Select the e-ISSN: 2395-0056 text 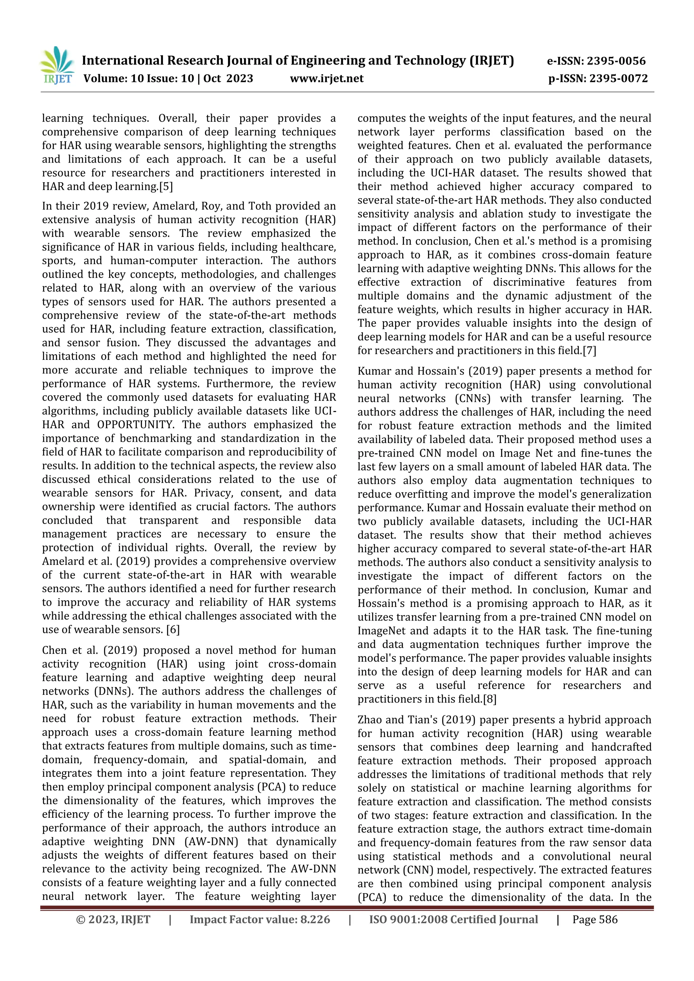point(596,61)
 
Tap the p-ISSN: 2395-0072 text point(598,79)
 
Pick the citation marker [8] point(489,699)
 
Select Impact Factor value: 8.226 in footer point(260,919)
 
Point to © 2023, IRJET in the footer point(113,919)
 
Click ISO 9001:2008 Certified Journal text point(453,919)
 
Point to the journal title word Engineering point(327,61)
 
